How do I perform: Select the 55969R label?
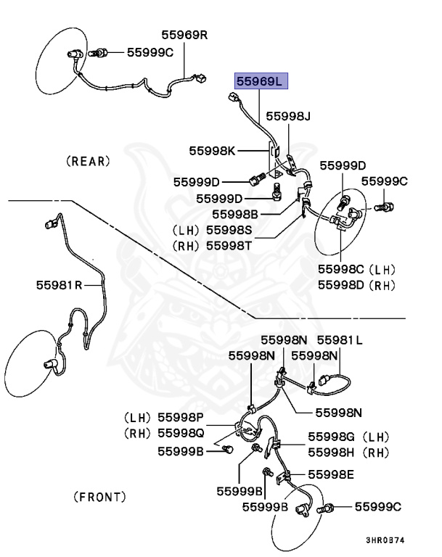(x=184, y=34)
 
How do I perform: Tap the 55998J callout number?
(x=288, y=116)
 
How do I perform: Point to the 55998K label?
(x=213, y=151)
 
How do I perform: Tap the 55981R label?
(x=60, y=285)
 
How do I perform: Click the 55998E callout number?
(x=331, y=475)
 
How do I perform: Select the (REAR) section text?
(x=88, y=161)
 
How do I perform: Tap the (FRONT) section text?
(x=100, y=497)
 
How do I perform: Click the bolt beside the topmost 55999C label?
(x=101, y=52)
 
